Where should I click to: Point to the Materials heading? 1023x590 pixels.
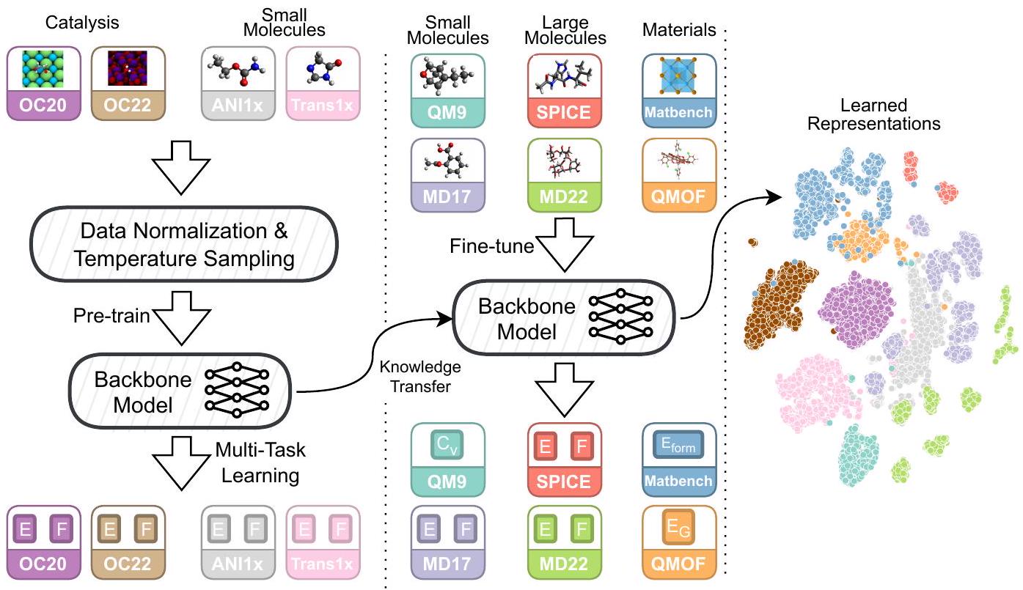[x=678, y=30]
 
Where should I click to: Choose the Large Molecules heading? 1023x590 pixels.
[x=565, y=29]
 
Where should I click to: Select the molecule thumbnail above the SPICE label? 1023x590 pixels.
[x=565, y=76]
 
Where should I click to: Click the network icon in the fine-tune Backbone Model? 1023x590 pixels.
[x=620, y=317]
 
